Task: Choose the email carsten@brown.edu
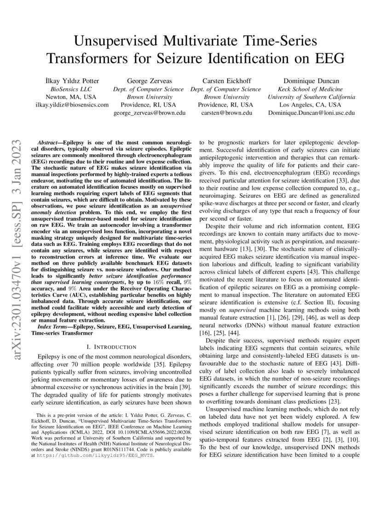(x=226, y=112)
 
